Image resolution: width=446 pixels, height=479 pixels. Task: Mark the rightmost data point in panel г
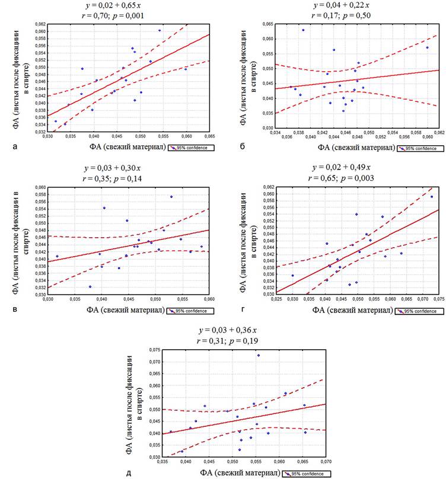coord(431,197)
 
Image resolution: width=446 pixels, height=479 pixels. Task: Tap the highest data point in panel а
coord(159,30)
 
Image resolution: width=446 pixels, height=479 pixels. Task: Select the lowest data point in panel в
coord(90,286)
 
